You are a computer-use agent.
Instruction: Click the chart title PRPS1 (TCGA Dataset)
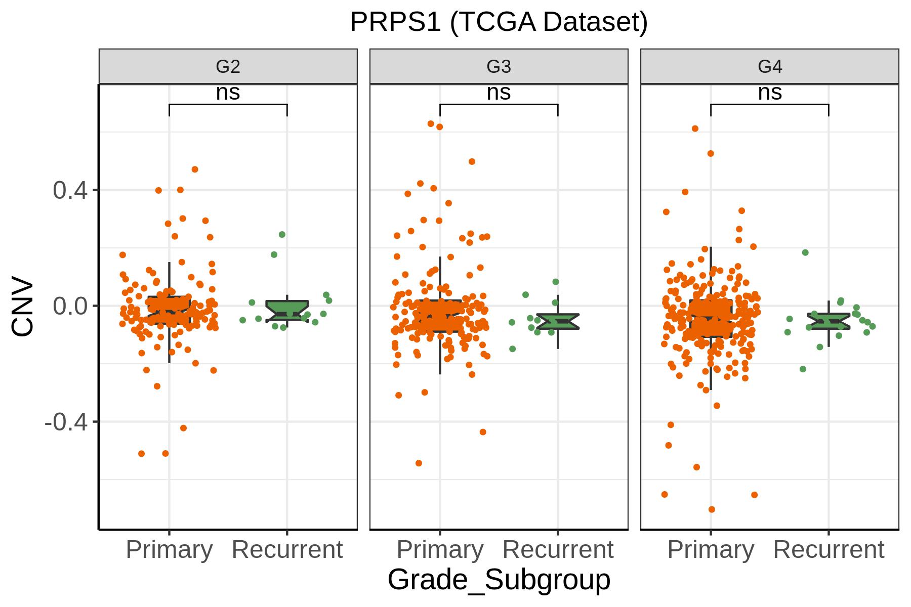click(499, 23)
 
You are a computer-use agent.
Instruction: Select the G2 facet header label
click(228, 66)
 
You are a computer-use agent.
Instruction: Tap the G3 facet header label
click(499, 66)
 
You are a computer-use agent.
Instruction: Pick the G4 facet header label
click(770, 66)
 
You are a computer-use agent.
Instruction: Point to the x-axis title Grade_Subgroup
click(499, 580)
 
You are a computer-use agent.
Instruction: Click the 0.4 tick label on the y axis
click(69, 190)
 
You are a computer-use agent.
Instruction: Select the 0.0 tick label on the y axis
click(69, 306)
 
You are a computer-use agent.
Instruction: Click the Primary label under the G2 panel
click(169, 550)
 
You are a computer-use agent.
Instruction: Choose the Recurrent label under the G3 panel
click(558, 550)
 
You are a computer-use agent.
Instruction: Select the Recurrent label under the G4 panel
click(829, 550)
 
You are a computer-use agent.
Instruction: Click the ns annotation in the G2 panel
click(228, 93)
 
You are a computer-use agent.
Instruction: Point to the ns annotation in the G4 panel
click(770, 93)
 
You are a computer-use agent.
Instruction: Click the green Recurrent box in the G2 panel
click(287, 310)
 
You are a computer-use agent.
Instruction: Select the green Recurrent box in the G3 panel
click(558, 321)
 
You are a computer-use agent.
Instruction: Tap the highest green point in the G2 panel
click(282, 234)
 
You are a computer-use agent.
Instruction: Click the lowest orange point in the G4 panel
click(712, 509)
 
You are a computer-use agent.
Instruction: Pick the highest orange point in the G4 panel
click(695, 128)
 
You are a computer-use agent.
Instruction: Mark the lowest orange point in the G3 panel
click(419, 463)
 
